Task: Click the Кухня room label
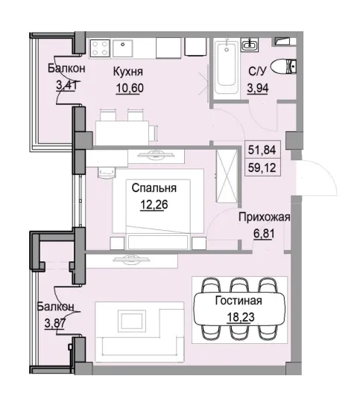click(128, 72)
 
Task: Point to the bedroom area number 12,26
click(154, 204)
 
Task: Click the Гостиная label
click(239, 302)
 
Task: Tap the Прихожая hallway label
click(264, 217)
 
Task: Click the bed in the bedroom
click(153, 201)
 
